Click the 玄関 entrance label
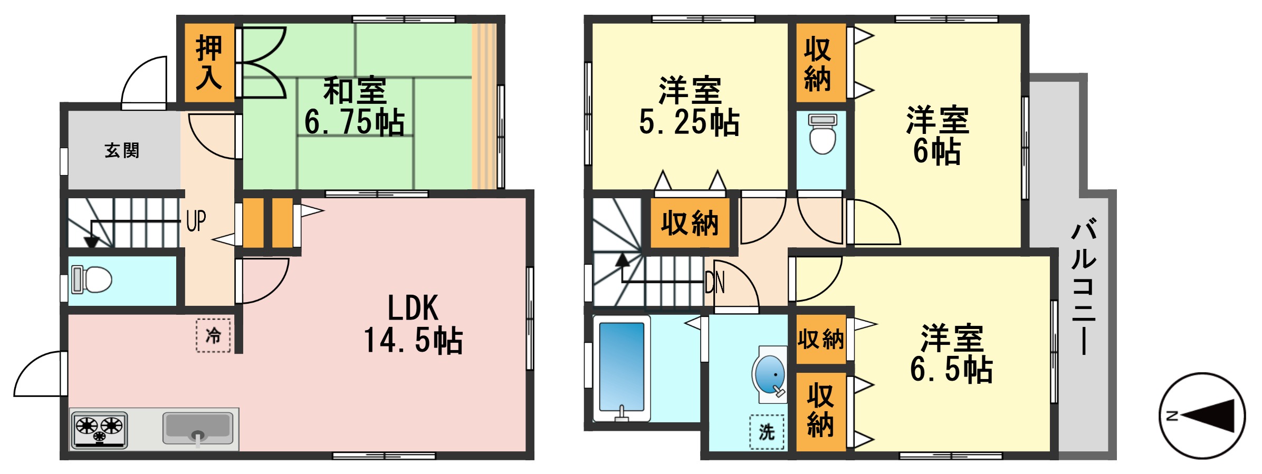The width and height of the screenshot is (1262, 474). (x=122, y=151)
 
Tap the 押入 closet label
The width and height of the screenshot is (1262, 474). (x=209, y=63)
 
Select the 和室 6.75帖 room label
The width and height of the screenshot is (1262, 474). (x=355, y=107)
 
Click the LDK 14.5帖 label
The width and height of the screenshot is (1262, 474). (x=413, y=324)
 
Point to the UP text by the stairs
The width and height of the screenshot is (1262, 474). (x=196, y=221)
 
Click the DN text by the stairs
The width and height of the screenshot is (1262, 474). (x=715, y=283)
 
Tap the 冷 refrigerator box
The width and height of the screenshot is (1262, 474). (x=213, y=335)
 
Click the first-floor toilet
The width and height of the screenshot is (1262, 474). (x=92, y=279)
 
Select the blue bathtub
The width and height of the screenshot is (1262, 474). (x=622, y=367)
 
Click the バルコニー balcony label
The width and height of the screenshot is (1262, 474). (x=1084, y=287)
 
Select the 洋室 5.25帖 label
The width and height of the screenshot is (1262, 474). (x=690, y=107)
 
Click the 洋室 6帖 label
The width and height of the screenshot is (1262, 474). (x=938, y=136)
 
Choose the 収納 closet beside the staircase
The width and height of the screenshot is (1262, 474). (x=690, y=223)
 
